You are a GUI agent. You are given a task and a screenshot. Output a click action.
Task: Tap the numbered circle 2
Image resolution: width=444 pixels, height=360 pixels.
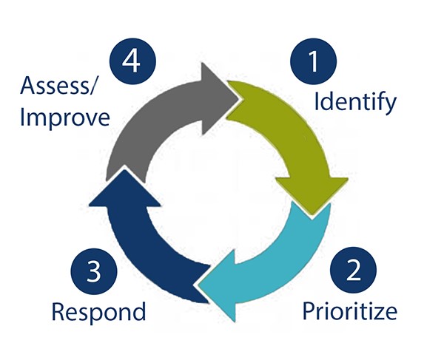(x=354, y=271)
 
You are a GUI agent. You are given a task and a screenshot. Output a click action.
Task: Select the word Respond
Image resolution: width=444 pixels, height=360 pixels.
(x=98, y=311)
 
